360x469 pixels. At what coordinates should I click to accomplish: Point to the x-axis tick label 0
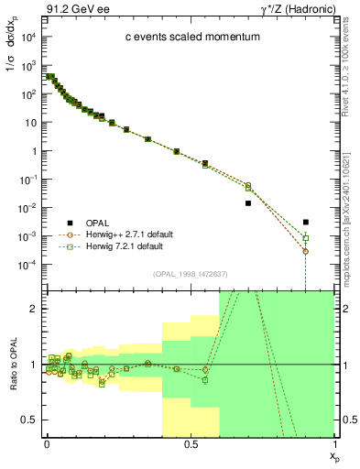[46, 443]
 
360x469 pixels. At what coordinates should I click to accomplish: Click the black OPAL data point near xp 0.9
[306, 222]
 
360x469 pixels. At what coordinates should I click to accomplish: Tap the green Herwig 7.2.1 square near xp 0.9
[306, 238]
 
